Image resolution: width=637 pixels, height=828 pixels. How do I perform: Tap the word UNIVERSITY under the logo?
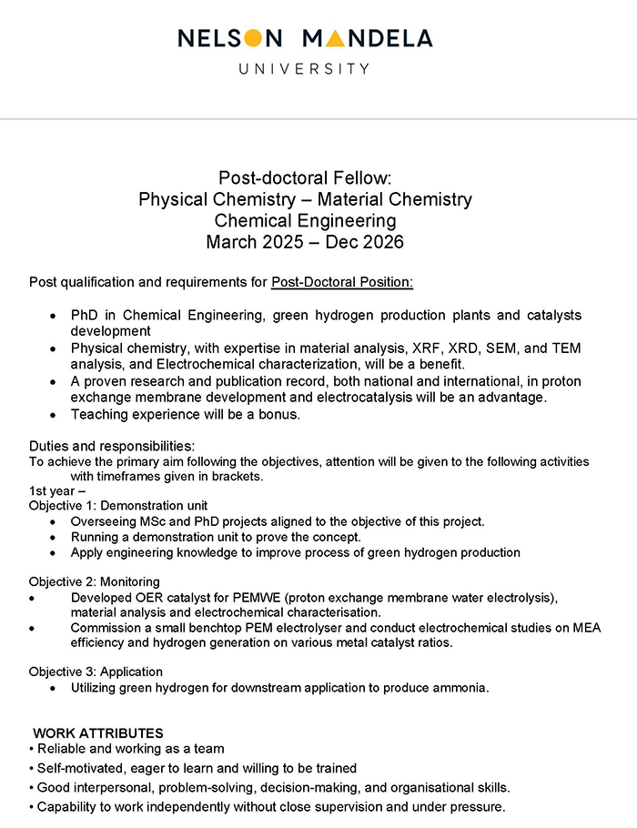pos(304,68)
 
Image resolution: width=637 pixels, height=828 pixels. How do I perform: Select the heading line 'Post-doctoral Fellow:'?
pos(305,177)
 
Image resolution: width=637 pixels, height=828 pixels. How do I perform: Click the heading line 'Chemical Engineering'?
pos(305,221)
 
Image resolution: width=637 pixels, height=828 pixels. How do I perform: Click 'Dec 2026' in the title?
pos(369,243)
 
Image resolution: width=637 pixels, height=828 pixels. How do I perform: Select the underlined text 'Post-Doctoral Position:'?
pos(342,283)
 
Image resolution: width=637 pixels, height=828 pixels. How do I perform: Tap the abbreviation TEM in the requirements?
pos(566,348)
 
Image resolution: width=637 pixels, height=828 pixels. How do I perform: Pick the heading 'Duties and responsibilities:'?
pos(112,446)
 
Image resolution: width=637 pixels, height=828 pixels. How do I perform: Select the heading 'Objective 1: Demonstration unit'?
pos(118,505)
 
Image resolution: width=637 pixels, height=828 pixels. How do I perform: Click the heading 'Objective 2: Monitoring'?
pos(95,581)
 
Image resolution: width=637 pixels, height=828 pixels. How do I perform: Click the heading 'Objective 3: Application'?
pos(96,671)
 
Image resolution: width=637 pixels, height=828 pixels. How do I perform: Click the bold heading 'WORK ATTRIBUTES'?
pos(98,732)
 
